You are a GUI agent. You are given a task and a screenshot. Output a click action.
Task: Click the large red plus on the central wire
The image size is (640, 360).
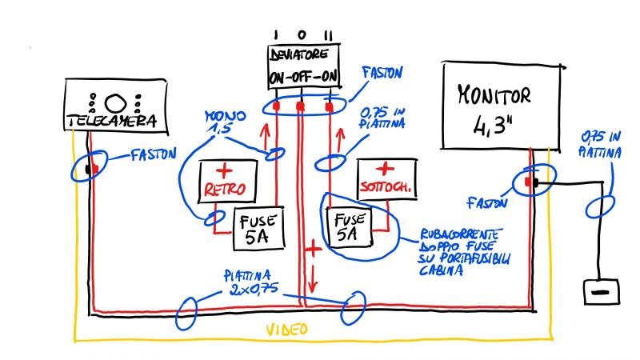(314, 249)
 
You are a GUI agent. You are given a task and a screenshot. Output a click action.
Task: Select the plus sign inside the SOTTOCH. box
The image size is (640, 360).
(386, 170)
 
